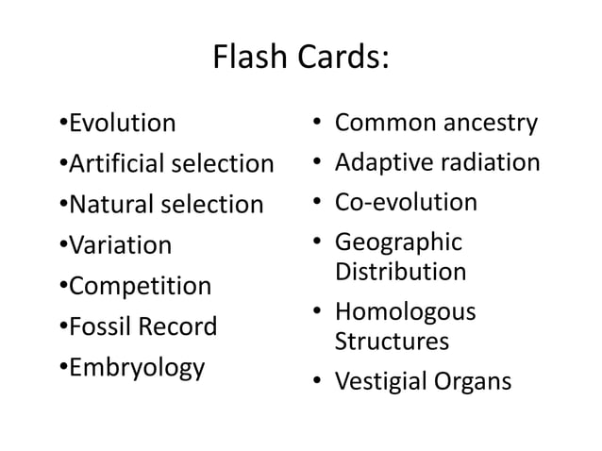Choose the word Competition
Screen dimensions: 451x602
(x=141, y=286)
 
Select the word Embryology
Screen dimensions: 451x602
(x=137, y=367)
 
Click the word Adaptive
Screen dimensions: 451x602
(x=382, y=163)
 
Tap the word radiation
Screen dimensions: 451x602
(x=488, y=163)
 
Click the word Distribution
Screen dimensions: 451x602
(x=401, y=272)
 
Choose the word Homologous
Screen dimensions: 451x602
(x=406, y=312)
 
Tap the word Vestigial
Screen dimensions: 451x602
(x=378, y=381)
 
